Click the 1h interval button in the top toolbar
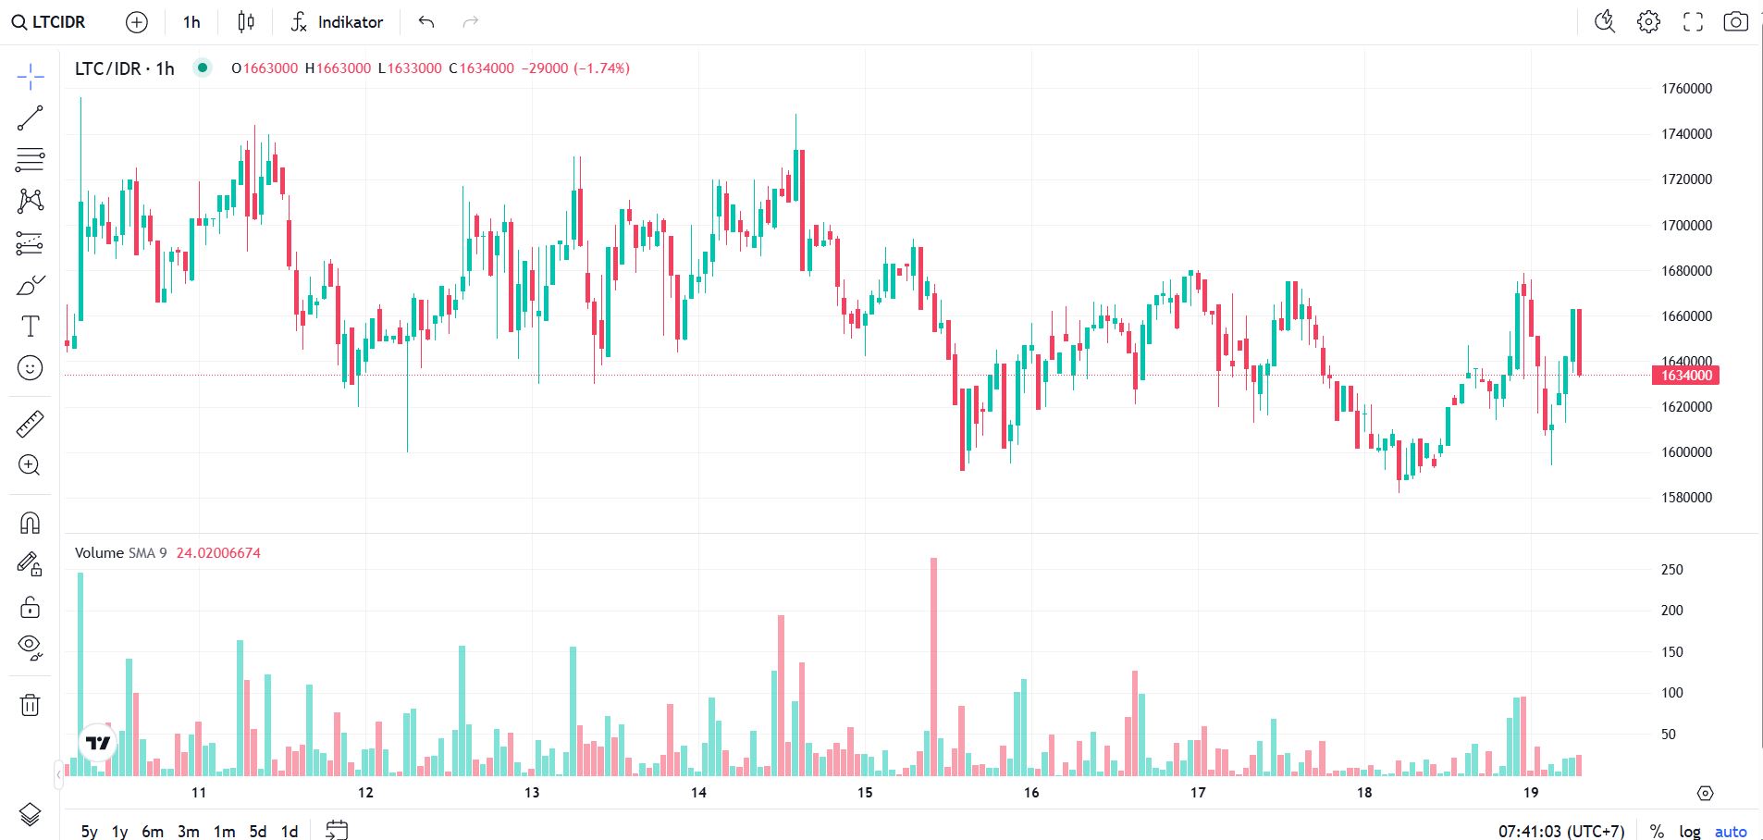coord(191,22)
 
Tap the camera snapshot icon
coord(1735,21)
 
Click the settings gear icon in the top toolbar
coord(1648,21)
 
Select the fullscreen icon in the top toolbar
coord(1693,21)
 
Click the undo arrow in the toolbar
coord(426,22)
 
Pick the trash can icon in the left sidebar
coord(30,705)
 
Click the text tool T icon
coord(30,326)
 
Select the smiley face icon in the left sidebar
coord(30,368)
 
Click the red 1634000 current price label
coord(1685,376)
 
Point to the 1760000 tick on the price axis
coord(1686,89)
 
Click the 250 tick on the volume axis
coord(1671,570)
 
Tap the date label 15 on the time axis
coord(865,793)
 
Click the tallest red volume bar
coord(933,666)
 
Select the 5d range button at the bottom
coord(258,832)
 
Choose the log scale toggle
coord(1690,832)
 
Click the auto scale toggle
coord(1731,832)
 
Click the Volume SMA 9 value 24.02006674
coord(218,553)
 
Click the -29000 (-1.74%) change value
coord(575,68)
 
